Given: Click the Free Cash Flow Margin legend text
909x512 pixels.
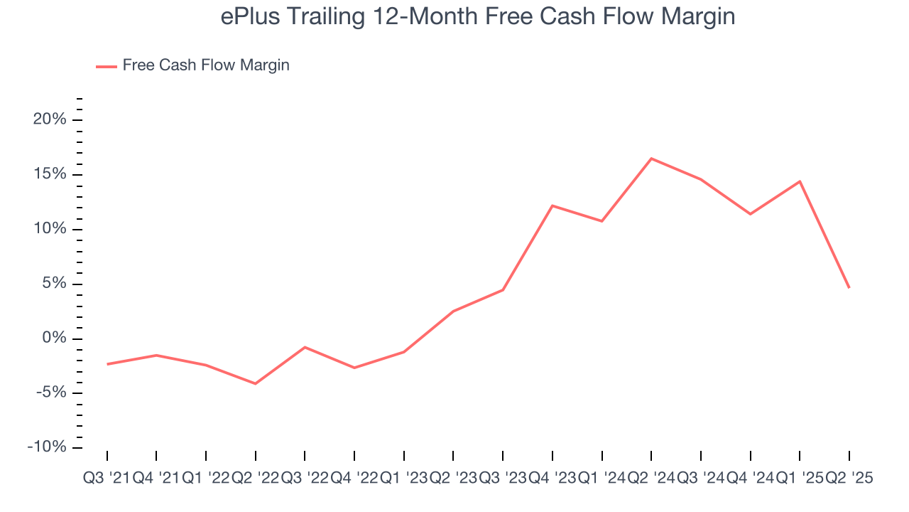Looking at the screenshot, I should click(x=206, y=65).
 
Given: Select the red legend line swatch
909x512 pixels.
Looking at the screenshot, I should click(x=107, y=66).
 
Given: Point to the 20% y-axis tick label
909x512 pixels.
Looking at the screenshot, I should click(x=50, y=119).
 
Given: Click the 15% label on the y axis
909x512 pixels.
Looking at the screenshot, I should click(x=50, y=174).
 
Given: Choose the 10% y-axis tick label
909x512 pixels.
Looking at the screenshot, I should click(x=50, y=229).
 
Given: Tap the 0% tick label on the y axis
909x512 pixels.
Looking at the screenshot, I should click(x=54, y=338).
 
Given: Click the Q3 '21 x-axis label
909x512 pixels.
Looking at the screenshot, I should click(x=107, y=479).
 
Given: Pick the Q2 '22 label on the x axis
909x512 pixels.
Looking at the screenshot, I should click(x=255, y=479).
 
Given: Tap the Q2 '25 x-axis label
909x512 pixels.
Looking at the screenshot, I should click(x=849, y=479).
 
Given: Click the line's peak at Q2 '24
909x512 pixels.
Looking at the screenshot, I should click(x=651, y=159).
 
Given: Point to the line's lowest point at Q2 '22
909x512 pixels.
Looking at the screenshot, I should click(x=255, y=384).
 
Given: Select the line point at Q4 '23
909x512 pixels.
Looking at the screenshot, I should click(x=553, y=206).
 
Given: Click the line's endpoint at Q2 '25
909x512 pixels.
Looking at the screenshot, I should click(x=849, y=288).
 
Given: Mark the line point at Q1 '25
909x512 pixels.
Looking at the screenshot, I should click(x=800, y=181).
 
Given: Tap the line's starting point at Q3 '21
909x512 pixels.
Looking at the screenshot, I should click(x=107, y=364).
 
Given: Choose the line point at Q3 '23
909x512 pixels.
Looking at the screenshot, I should click(x=503, y=290).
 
